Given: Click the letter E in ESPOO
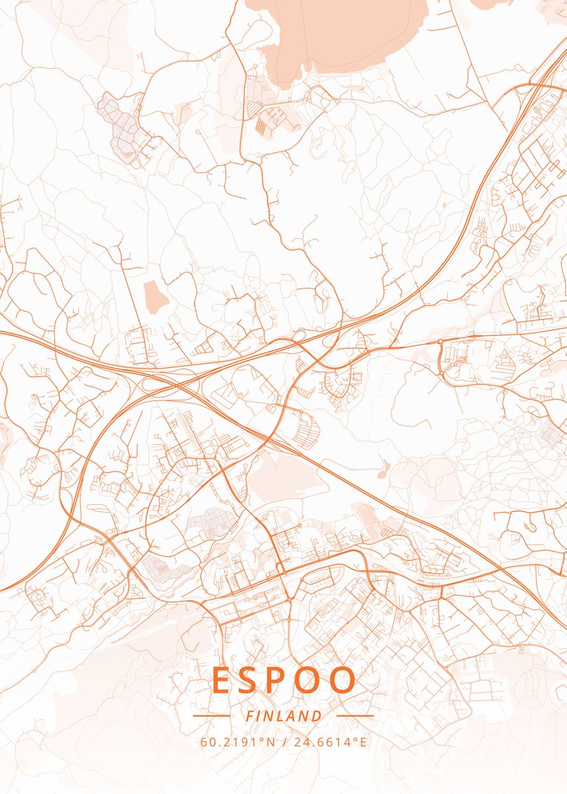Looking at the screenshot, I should pos(222,680).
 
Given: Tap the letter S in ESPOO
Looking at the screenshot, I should pos(254,680).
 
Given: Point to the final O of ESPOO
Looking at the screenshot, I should pos(343,680).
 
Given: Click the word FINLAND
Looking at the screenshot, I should pos(284,716).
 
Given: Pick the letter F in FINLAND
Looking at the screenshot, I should pos(249,716).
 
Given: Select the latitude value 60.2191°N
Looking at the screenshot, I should pos(238,742).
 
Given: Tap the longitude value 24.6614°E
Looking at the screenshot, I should pos(329,742).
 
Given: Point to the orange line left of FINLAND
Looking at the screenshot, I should pos(211,716).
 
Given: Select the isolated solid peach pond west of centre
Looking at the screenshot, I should pos(155,296).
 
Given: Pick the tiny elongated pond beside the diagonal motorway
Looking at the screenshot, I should pos(383,468).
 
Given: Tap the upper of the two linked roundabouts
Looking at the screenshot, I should pos(441,342).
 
